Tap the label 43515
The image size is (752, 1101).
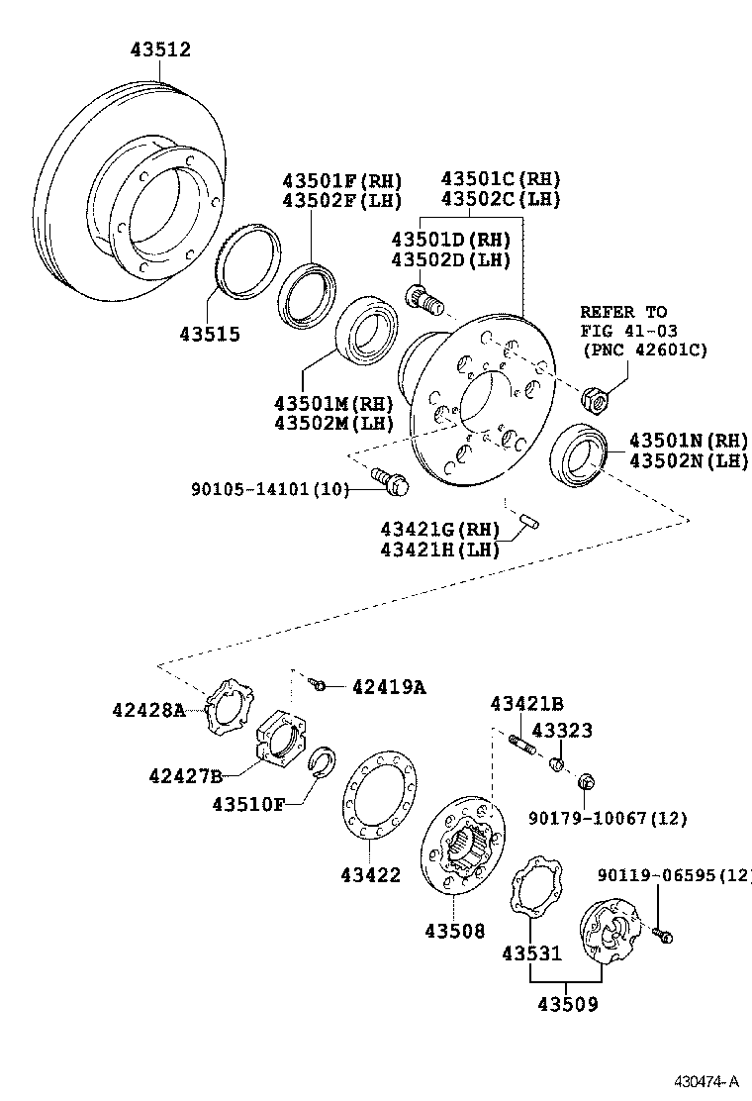click(209, 335)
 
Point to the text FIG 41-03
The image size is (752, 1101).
click(628, 331)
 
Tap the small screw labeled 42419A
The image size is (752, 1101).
click(318, 683)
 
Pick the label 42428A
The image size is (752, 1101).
click(147, 709)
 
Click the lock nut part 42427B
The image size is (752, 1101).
click(282, 740)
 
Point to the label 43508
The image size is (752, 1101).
click(455, 930)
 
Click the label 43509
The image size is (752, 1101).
click(567, 1004)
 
